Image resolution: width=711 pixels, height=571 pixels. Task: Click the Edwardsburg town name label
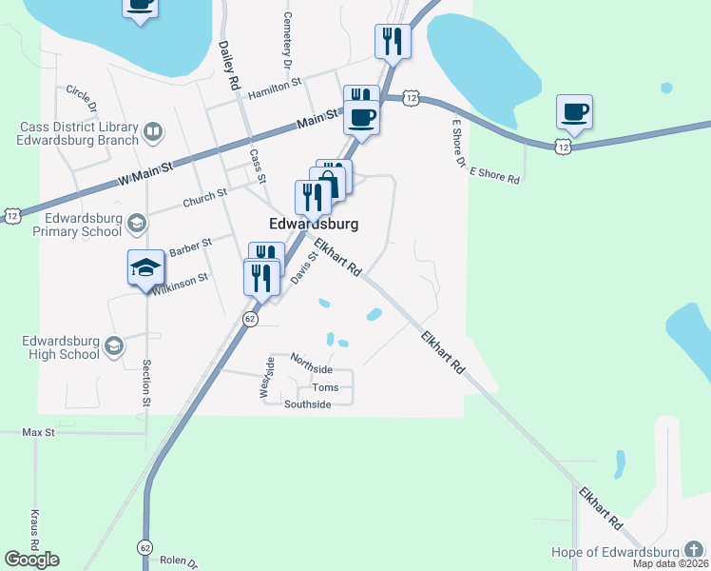click(314, 225)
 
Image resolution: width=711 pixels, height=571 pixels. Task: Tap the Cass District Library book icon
click(153, 130)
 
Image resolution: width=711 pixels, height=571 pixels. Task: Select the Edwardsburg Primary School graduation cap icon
click(136, 224)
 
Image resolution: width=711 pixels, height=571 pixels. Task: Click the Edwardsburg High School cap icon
click(114, 345)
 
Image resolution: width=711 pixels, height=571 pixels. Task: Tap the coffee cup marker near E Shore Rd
click(574, 112)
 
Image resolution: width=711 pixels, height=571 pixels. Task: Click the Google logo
click(31, 560)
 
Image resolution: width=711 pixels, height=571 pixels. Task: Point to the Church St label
click(204, 197)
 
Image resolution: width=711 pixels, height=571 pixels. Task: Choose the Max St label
click(39, 432)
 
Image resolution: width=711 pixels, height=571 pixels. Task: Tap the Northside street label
click(312, 368)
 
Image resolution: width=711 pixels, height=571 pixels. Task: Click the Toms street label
click(325, 387)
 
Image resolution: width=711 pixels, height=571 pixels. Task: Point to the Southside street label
click(308, 404)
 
